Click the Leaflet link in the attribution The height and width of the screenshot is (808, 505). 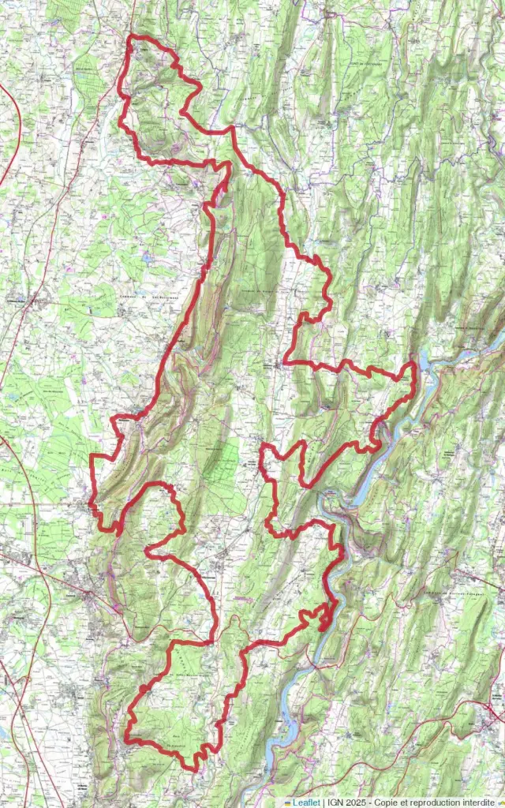pyautogui.click(x=307, y=802)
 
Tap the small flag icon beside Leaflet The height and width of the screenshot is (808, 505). pyautogui.click(x=288, y=802)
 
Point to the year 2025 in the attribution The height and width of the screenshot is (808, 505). pyautogui.click(x=357, y=802)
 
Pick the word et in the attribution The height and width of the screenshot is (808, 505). pyautogui.click(x=408, y=802)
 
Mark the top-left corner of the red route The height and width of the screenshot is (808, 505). pyautogui.click(x=131, y=37)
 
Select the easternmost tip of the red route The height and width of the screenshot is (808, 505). pyautogui.click(x=414, y=365)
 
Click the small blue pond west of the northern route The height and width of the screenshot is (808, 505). pyautogui.click(x=146, y=257)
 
